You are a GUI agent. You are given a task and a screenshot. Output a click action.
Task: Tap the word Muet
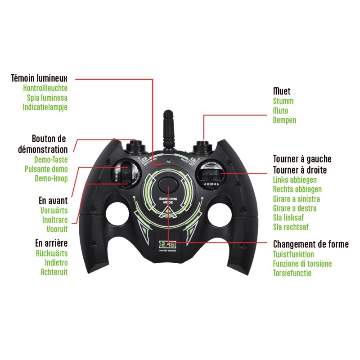click(282, 91)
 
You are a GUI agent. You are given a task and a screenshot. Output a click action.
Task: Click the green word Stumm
click(283, 101)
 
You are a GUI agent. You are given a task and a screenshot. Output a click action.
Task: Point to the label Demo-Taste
click(51, 159)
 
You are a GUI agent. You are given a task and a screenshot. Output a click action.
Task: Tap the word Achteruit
click(54, 272)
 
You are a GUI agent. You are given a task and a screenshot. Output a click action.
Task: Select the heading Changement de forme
click(310, 244)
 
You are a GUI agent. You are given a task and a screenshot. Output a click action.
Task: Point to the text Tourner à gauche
click(302, 159)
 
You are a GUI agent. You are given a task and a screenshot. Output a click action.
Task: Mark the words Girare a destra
click(295, 208)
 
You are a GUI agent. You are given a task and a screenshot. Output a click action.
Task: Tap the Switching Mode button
click(167, 188)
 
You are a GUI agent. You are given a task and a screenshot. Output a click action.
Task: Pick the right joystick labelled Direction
click(210, 173)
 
